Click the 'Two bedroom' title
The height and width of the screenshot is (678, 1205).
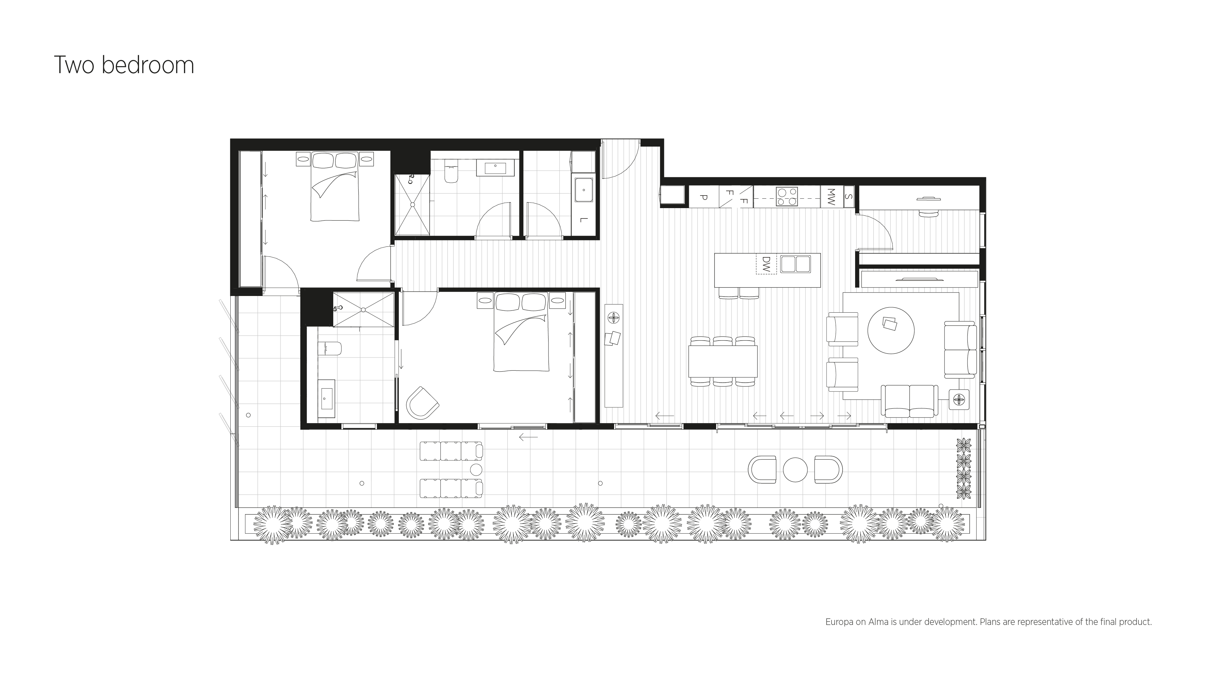(x=124, y=65)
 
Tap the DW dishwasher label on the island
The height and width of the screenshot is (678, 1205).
(x=766, y=264)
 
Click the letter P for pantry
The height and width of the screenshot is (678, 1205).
(x=703, y=197)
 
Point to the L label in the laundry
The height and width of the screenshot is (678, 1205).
(x=582, y=219)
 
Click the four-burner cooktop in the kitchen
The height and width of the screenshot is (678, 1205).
(x=787, y=196)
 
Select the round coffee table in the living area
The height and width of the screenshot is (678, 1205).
(x=891, y=330)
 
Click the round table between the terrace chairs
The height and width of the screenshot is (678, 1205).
(x=795, y=469)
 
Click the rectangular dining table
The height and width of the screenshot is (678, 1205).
(x=723, y=361)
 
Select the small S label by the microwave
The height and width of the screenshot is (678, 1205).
(x=849, y=197)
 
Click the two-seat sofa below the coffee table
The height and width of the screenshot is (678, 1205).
(x=909, y=401)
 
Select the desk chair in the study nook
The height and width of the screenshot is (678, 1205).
(x=929, y=214)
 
